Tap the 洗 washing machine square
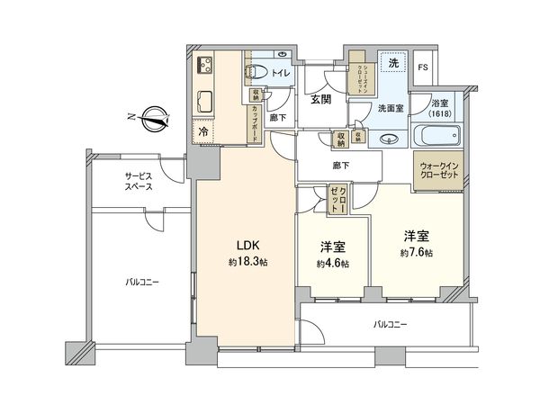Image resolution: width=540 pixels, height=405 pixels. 391,64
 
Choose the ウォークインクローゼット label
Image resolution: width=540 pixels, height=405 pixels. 438,172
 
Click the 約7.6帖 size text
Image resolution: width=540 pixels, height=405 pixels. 416,254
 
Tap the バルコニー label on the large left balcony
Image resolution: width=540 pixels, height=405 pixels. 142,283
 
